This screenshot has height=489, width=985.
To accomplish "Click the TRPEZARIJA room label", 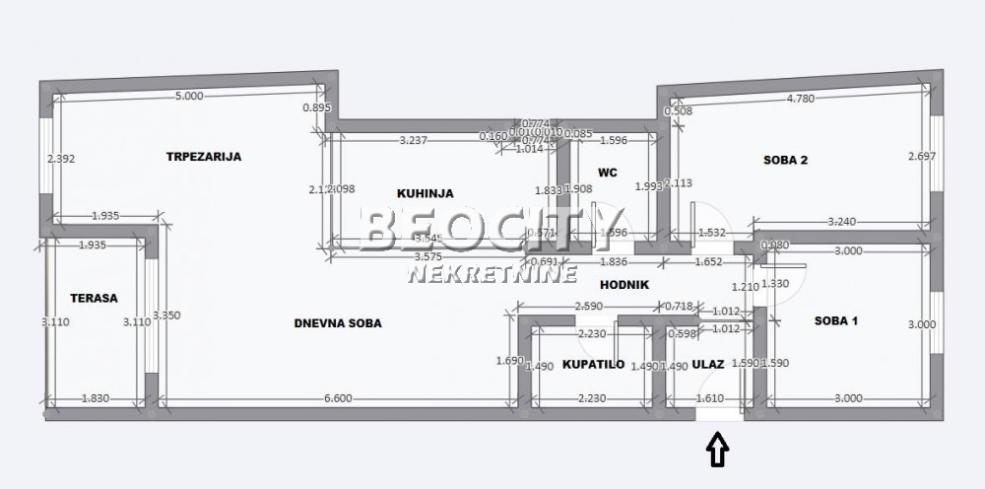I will tap(204, 156).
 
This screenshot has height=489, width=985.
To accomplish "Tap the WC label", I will tap(608, 173).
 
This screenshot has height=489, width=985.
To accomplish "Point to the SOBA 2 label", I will tap(785, 160).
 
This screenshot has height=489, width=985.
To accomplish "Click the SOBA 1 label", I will tap(837, 320).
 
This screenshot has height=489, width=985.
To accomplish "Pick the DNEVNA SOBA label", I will tap(338, 323).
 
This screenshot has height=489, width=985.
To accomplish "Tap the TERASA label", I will tap(94, 297).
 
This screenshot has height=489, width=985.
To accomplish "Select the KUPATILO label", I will tap(593, 364).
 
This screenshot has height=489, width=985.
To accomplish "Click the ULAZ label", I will tap(708, 364).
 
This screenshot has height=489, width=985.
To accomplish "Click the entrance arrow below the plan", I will tap(718, 451).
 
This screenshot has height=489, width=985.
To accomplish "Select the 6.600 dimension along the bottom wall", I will tap(338, 398).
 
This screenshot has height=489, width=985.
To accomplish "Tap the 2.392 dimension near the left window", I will tap(60, 158).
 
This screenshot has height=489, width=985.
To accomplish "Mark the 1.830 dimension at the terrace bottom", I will tap(96, 398).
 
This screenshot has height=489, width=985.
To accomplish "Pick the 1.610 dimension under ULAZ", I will tap(710, 398).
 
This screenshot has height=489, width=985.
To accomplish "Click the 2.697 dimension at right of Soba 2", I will tap(922, 156).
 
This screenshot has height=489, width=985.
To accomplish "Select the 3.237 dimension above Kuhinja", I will tap(413, 140).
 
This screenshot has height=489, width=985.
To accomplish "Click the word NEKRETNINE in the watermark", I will tap(492, 275).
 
